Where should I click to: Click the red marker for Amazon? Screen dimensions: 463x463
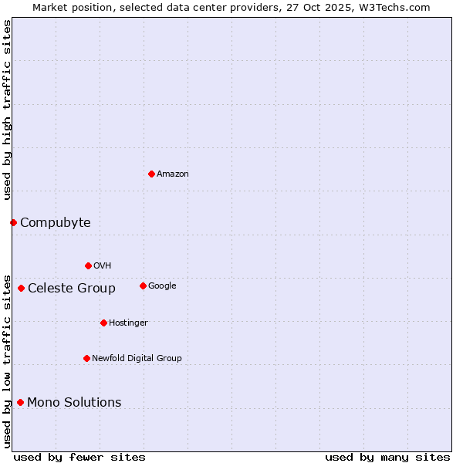151,174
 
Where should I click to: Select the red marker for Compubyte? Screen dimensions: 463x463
13,222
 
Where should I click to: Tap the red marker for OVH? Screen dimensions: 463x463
88,265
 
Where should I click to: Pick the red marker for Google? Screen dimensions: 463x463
143,286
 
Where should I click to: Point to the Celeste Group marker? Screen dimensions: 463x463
21,288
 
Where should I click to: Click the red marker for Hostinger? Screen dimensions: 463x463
103,323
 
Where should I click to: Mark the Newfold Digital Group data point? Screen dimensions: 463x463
86,358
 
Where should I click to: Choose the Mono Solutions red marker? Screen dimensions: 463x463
20,402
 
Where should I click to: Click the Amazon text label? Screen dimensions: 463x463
173,174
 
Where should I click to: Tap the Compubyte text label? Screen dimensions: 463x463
56,223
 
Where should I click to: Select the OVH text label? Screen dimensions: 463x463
103,266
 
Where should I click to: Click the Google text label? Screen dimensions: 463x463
162,286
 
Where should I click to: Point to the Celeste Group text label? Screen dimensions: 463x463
72,289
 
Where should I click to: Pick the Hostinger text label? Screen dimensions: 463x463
128,323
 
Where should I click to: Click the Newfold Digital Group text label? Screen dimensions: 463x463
137,359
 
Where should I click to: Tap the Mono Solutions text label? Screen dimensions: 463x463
74,403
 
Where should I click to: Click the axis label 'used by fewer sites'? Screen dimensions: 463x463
79,457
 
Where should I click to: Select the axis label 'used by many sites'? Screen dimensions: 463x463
387,457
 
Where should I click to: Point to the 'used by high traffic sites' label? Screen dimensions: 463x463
7,110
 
